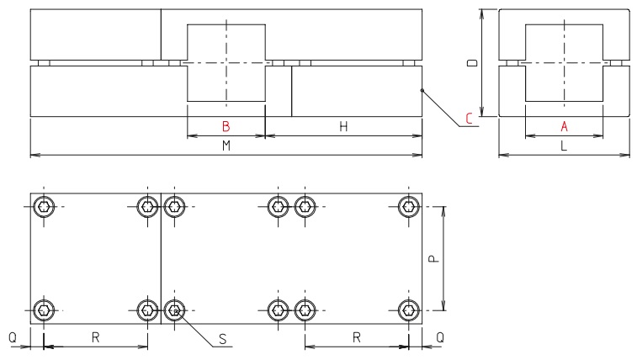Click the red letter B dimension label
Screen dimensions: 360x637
pyautogui.click(x=226, y=127)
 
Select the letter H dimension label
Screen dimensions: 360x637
pyautogui.click(x=343, y=127)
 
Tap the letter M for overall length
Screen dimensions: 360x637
pyautogui.click(x=226, y=146)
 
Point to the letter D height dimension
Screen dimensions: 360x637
pyautogui.click(x=473, y=63)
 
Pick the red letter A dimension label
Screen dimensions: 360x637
pyautogui.click(x=565, y=127)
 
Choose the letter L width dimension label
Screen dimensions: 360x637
pyautogui.click(x=565, y=146)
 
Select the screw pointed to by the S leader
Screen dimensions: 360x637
pyautogui.click(x=174, y=310)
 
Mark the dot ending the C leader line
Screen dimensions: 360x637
pyautogui.click(x=422, y=93)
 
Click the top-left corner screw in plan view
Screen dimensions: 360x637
pyautogui.click(x=44, y=206)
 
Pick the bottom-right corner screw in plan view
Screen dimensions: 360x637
pyautogui.click(x=409, y=310)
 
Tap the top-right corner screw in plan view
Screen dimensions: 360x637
pyautogui.click(x=409, y=206)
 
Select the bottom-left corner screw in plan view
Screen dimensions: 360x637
pyautogui.click(x=44, y=310)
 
